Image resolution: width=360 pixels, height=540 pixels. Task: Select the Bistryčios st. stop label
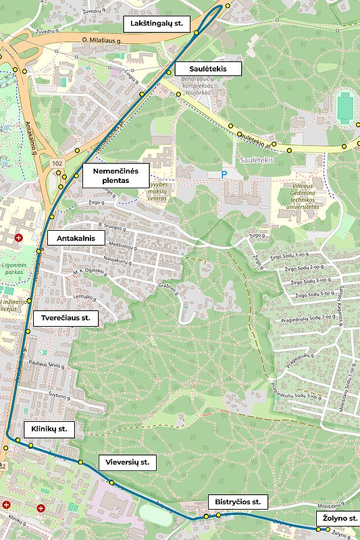(237, 502)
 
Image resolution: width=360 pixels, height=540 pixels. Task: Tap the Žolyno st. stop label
(338, 518)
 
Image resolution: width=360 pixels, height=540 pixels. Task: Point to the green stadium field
(345, 105)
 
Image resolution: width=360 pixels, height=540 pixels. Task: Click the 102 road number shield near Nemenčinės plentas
(57, 163)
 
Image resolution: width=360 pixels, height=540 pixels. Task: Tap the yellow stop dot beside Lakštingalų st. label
(197, 32)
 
